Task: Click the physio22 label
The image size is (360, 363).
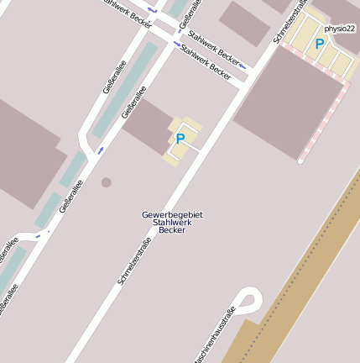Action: (x=340, y=29)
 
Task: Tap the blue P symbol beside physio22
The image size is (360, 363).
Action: (x=319, y=44)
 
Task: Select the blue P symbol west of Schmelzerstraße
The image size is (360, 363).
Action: (x=180, y=139)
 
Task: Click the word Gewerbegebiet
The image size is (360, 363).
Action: (x=172, y=215)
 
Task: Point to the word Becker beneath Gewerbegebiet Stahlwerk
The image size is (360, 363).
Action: (x=172, y=230)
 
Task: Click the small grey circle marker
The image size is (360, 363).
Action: (x=106, y=181)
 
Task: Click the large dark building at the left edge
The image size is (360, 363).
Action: (x=25, y=151)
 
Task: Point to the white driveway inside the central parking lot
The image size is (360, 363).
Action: (x=188, y=145)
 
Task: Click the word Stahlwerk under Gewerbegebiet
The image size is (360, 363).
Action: (x=172, y=223)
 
